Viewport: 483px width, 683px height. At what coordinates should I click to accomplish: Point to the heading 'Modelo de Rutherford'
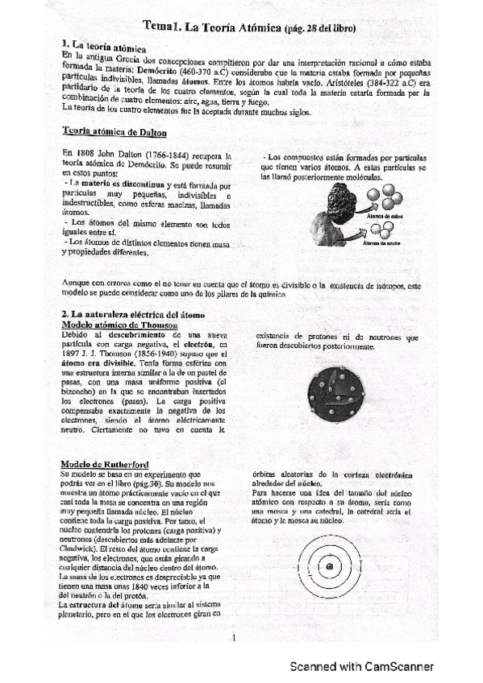[104, 465]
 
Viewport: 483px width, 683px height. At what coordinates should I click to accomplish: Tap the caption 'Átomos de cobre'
[385, 216]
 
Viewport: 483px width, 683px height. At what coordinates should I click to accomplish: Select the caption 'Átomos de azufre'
[385, 242]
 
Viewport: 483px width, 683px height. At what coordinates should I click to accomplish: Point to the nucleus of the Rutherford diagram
[330, 569]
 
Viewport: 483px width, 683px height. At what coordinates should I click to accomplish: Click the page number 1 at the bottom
[232, 639]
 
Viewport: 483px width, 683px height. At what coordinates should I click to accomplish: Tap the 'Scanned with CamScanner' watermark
[362, 667]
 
